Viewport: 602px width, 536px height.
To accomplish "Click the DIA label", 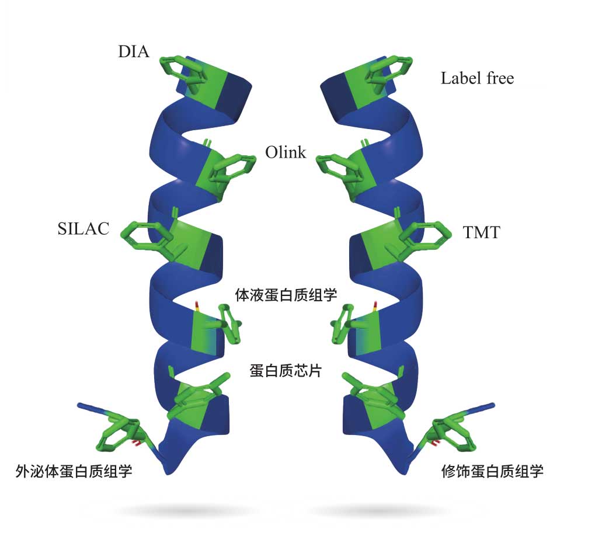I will (x=134, y=52).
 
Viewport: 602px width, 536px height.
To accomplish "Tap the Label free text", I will (x=477, y=78).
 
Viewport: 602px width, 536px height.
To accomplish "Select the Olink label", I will (x=286, y=153).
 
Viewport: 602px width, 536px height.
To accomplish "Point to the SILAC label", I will (x=83, y=229).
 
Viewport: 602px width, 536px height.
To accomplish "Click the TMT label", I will (x=481, y=232).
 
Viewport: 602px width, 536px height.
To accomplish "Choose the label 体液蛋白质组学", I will (x=286, y=294).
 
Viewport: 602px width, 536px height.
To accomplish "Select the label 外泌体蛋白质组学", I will (x=74, y=471).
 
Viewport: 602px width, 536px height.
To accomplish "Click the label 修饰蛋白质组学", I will (x=493, y=471).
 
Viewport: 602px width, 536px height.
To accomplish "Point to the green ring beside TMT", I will (x=429, y=234).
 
